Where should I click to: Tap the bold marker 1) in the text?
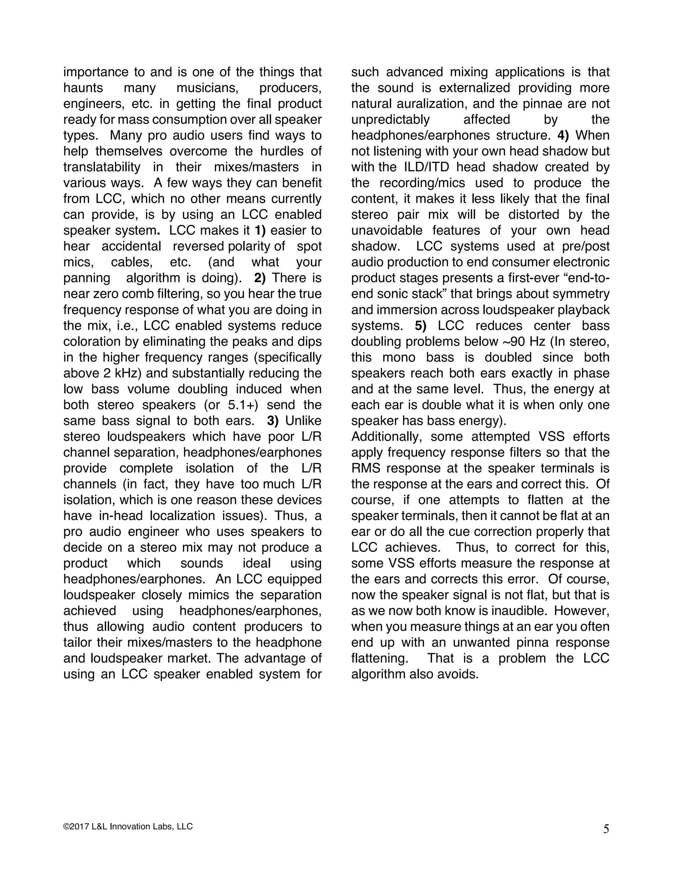pyautogui.click(x=260, y=230)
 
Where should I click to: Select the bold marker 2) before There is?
pyautogui.click(x=260, y=278)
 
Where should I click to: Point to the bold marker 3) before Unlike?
pyautogui.click(x=273, y=420)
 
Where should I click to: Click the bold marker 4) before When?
pyautogui.click(x=563, y=135)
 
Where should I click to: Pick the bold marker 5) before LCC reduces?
pyautogui.click(x=421, y=325)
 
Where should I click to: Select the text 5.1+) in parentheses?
pyautogui.click(x=243, y=405)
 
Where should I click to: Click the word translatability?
pyautogui.click(x=102, y=167)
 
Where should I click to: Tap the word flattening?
pyautogui.click(x=380, y=658)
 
